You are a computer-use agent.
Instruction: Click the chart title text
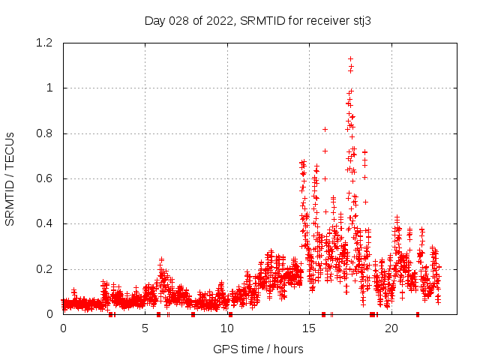pyautogui.click(x=257, y=21)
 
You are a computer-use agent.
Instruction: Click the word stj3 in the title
pyautogui.click(x=361, y=21)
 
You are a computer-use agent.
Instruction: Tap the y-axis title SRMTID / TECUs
pyautogui.click(x=10, y=178)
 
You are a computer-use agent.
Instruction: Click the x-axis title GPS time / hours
pyautogui.click(x=258, y=349)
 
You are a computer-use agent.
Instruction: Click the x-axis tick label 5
pyautogui.click(x=145, y=328)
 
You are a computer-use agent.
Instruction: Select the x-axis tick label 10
pyautogui.click(x=227, y=328)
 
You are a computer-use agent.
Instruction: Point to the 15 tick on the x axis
pyautogui.click(x=309, y=328)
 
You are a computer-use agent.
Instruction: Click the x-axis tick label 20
pyautogui.click(x=391, y=328)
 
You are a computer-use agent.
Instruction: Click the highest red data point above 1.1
pyautogui.click(x=350, y=58)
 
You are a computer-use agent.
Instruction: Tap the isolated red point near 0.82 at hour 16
pyautogui.click(x=325, y=129)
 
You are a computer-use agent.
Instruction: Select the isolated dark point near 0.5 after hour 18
pyautogui.click(x=366, y=202)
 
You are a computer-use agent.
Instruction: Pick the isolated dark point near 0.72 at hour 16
pyautogui.click(x=325, y=151)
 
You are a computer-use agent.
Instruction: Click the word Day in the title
pyautogui.click(x=154, y=21)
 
